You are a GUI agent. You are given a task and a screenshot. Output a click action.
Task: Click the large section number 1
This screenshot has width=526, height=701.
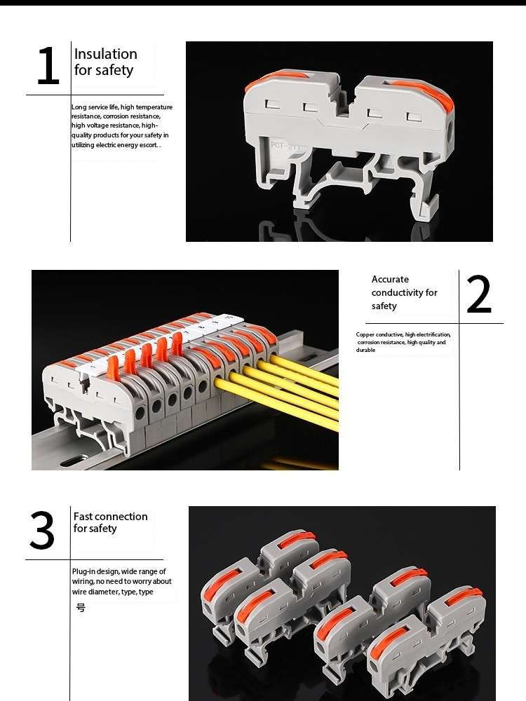[48, 66]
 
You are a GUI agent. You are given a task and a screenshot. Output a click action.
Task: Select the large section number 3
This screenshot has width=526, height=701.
[42, 530]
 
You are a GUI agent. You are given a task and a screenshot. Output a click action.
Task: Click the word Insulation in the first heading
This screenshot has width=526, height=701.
[106, 54]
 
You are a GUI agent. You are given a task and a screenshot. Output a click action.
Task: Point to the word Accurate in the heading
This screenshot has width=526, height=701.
[390, 280]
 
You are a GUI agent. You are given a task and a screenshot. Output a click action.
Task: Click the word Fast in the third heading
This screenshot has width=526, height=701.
[83, 517]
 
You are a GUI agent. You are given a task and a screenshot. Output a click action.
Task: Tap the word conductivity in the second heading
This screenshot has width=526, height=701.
[397, 293]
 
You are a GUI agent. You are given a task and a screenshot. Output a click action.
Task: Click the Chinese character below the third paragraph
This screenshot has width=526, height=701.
[81, 608]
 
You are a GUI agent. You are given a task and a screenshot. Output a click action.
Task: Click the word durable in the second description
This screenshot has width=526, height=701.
[365, 350]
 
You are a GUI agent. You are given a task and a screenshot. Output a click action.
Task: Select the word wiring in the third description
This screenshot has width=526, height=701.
[83, 582]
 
